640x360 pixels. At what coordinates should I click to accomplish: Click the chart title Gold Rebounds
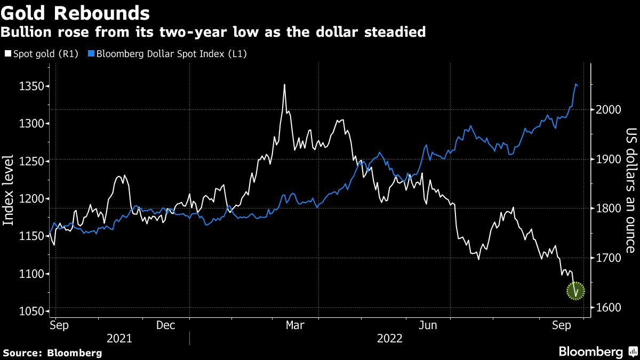click(x=75, y=12)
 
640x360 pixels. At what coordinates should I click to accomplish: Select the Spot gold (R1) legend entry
click(x=41, y=53)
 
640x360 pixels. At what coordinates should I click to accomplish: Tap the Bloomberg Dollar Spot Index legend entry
click(x=169, y=53)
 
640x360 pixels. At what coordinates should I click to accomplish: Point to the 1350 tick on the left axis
click(x=30, y=86)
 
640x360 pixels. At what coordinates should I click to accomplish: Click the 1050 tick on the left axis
click(x=30, y=311)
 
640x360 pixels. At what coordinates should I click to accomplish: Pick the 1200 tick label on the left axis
click(x=30, y=199)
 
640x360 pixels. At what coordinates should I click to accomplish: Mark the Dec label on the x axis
click(x=166, y=325)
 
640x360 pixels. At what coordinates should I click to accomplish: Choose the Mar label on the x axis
click(x=295, y=325)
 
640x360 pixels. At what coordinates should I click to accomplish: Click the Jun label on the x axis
click(x=429, y=325)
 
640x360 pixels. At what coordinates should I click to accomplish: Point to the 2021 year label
click(x=120, y=339)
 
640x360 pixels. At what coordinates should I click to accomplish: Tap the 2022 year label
click(x=390, y=339)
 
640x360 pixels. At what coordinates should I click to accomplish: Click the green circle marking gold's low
click(x=575, y=291)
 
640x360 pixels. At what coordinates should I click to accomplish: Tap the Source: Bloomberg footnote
click(x=52, y=353)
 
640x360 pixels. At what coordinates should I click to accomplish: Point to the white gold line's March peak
click(x=284, y=85)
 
